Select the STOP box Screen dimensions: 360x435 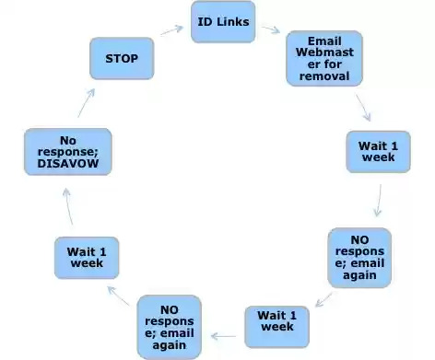pos(121,58)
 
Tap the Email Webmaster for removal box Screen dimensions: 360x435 pos(319,58)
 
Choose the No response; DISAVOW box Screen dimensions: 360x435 pos(67,152)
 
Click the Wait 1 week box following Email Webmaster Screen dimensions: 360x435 pos(377,151)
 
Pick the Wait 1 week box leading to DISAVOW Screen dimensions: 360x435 pos(87,258)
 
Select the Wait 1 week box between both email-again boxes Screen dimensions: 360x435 pos(276,325)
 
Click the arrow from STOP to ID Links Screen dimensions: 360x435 pos(171,29)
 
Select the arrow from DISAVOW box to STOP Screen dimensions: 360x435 pos(85,102)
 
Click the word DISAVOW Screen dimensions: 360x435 pos(67,164)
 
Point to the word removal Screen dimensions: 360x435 pos(319,76)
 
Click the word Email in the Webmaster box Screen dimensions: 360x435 pos(319,41)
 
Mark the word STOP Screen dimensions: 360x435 pos(121,58)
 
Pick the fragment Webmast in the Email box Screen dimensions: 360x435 pos(319,52)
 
